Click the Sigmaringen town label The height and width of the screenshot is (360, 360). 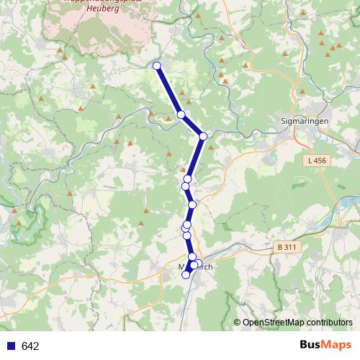307,122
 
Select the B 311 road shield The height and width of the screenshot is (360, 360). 286,247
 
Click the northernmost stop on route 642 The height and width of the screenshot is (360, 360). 157,66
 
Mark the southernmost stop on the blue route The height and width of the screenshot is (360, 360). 186,274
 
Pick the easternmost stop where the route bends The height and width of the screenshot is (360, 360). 204,135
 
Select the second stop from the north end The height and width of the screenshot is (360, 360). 181,114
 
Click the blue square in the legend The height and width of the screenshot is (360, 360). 9,346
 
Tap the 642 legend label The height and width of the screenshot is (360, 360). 30,346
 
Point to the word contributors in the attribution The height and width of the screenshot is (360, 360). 328,323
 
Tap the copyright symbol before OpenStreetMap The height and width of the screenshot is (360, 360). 237,323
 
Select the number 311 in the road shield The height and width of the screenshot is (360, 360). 289,247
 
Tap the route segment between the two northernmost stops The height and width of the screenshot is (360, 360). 168,90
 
